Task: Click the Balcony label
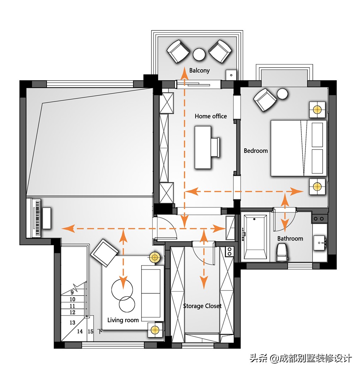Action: [199, 71]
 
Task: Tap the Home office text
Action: [211, 116]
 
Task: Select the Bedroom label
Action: [256, 151]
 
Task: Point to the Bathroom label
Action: [290, 238]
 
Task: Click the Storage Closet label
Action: [202, 306]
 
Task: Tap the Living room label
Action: [123, 320]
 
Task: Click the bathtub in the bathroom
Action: [255, 237]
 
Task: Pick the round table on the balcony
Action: [199, 54]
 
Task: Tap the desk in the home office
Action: [203, 147]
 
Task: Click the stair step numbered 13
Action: [72, 323]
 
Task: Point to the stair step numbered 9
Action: [72, 292]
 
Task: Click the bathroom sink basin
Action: [320, 243]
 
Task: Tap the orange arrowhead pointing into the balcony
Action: [184, 72]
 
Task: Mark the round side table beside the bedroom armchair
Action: [282, 94]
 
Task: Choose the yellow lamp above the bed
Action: [317, 110]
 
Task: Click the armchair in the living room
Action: [104, 253]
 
